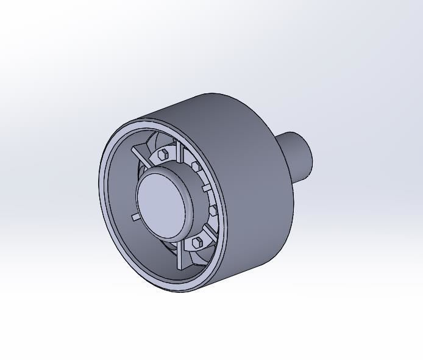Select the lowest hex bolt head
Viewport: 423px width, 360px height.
point(196,243)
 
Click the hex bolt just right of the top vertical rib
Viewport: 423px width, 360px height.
point(196,166)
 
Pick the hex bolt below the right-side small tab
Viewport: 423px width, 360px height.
point(213,210)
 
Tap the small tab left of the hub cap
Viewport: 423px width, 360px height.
point(134,217)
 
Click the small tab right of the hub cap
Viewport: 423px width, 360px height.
point(206,189)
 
